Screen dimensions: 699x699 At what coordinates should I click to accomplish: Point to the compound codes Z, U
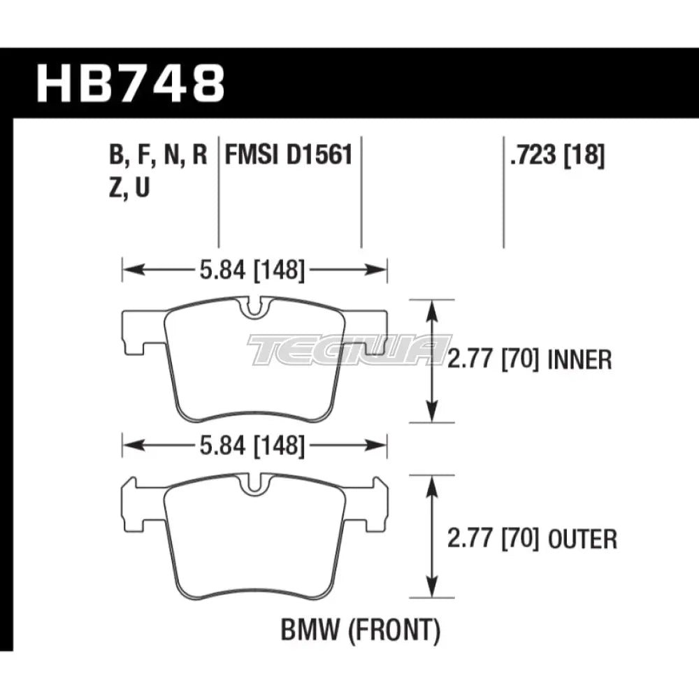(x=129, y=187)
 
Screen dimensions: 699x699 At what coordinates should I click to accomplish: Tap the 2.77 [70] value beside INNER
(x=498, y=361)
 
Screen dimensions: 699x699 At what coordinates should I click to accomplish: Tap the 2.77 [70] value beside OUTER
(x=498, y=539)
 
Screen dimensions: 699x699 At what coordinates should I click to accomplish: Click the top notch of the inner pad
(x=254, y=308)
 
